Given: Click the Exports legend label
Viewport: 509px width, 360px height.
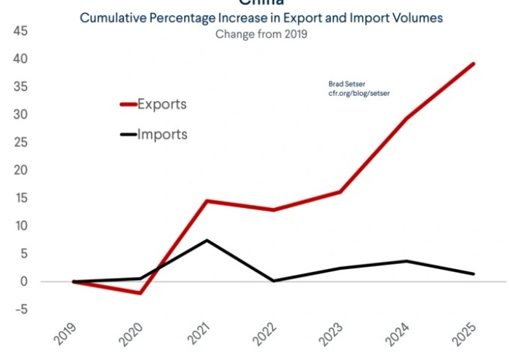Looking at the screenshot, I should (x=162, y=104).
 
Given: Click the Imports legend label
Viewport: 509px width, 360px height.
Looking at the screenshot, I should (x=162, y=135).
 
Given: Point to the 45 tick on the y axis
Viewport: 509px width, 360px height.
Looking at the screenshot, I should (x=20, y=31).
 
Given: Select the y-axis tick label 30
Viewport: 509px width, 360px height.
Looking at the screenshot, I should (x=20, y=115).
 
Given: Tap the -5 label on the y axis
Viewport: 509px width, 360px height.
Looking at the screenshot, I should (x=20, y=310).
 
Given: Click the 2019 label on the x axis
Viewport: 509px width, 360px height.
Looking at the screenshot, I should (x=68, y=333).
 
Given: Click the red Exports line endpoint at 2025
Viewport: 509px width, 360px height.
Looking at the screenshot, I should (x=474, y=64).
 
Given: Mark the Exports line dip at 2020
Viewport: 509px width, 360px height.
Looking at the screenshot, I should (x=140, y=293).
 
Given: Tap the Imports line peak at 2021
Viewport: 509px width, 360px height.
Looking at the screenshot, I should (x=207, y=240).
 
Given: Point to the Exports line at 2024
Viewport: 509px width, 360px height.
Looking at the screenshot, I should (x=407, y=119).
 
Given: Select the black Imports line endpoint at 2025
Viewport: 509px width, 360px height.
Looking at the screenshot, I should (x=474, y=274).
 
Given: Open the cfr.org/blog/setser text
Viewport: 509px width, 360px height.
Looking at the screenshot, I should (x=359, y=94).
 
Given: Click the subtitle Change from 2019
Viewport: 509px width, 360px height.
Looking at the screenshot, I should (x=261, y=33).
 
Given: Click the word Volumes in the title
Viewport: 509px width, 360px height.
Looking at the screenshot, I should (x=418, y=18).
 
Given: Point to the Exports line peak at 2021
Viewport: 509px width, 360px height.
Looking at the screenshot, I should (x=207, y=201).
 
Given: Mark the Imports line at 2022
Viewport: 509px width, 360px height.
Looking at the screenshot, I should (x=274, y=281).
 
